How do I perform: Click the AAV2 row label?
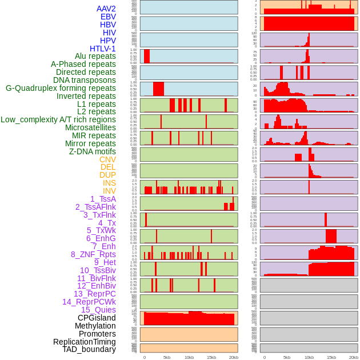(x=106, y=9)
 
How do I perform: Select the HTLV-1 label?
(x=102, y=49)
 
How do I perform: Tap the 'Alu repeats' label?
(x=95, y=57)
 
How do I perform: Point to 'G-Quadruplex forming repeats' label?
(x=61, y=88)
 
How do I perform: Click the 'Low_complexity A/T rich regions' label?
(x=58, y=119)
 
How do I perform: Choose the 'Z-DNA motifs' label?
(x=92, y=151)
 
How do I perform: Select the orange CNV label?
(x=107, y=159)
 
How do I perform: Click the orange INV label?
(x=109, y=191)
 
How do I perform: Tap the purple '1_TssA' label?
(x=103, y=199)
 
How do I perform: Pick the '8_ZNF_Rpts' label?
(x=93, y=254)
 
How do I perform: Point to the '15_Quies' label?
(x=98, y=310)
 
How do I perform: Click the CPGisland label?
(x=97, y=318)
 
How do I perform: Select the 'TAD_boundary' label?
(x=89, y=349)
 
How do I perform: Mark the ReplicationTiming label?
(x=84, y=342)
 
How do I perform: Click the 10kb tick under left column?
(x=189, y=357)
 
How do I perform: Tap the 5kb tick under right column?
(x=287, y=357)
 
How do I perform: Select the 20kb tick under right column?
(x=354, y=357)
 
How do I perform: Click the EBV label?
(x=108, y=17)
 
